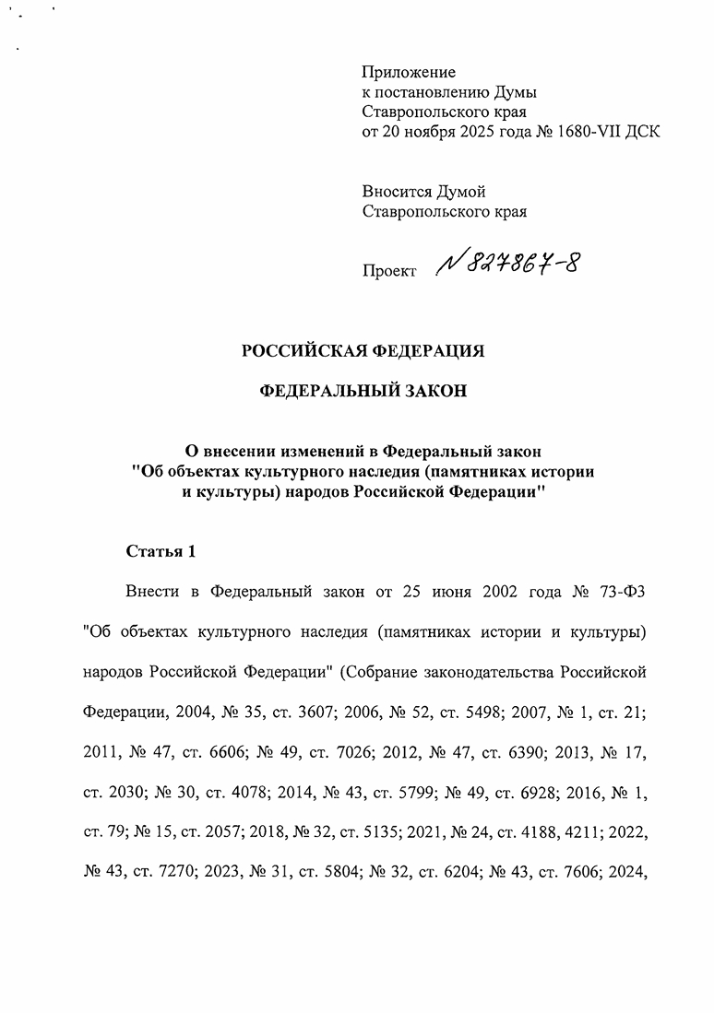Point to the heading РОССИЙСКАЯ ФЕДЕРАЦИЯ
click(363, 350)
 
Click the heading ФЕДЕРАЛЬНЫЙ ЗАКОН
click(363, 391)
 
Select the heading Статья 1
click(161, 552)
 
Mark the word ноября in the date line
click(434, 131)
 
